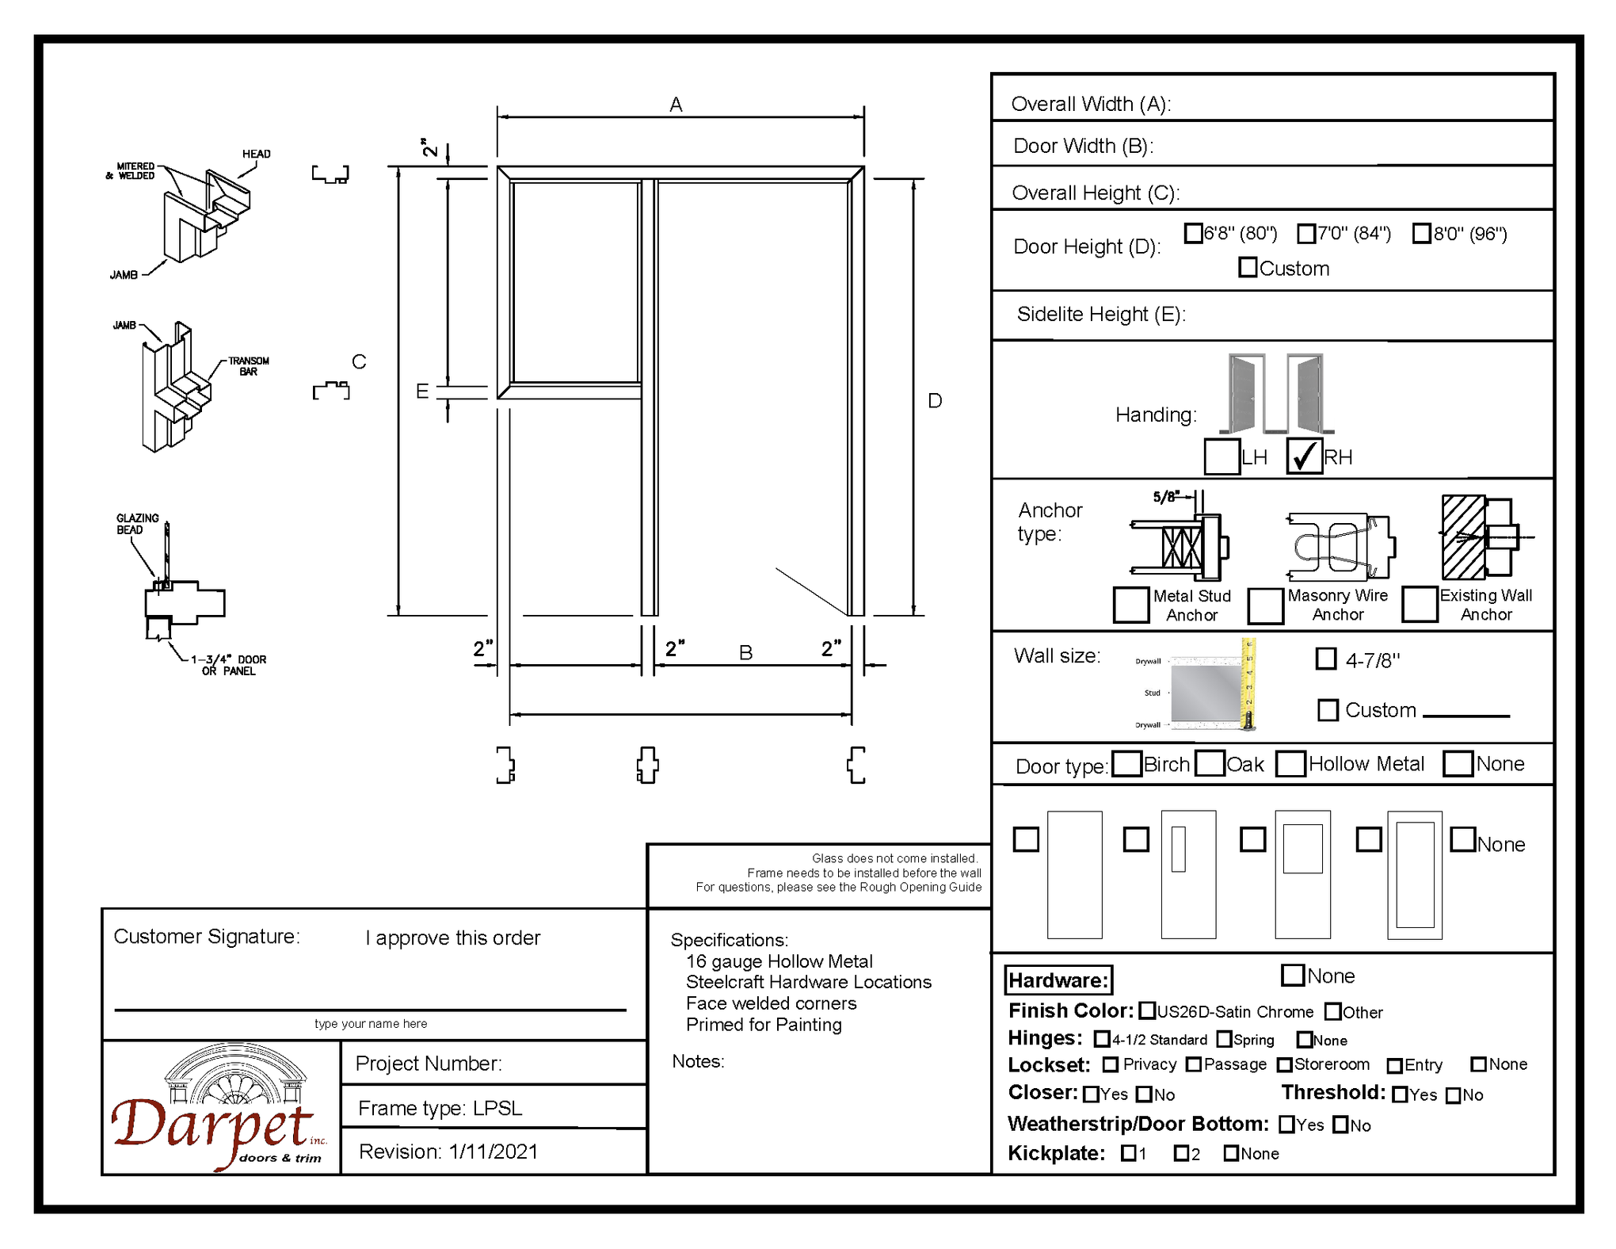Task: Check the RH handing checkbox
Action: point(1304,456)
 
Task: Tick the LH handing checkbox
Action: point(1222,456)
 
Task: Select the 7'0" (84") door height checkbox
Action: point(1306,234)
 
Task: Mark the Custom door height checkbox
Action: point(1248,268)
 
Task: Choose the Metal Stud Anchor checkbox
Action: point(1130,605)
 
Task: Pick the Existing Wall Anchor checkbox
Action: point(1420,604)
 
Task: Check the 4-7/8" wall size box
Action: point(1326,659)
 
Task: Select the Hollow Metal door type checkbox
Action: point(1290,764)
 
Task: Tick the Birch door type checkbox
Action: point(1126,764)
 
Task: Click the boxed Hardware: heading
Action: point(1058,980)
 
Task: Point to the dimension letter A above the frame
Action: point(676,105)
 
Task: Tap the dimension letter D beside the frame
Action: point(935,401)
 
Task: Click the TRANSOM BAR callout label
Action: point(248,366)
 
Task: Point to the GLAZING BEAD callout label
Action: point(137,524)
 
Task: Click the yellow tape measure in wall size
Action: point(1248,683)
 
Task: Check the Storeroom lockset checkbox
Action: point(1285,1065)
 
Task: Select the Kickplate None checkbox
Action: point(1231,1153)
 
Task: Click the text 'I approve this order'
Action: point(452,938)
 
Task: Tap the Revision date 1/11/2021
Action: point(493,1152)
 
